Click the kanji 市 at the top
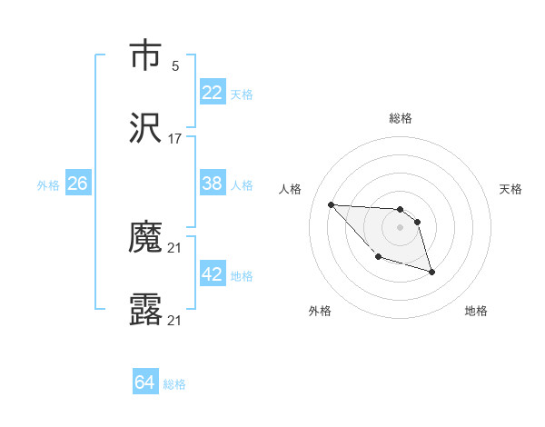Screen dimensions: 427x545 point(145,56)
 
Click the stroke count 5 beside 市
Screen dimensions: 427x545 point(175,66)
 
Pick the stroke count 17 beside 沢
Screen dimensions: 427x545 point(175,139)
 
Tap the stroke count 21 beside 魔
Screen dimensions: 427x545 point(175,248)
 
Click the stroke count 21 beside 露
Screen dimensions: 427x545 point(175,320)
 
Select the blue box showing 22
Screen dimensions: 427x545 point(213,93)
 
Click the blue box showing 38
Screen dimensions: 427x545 point(213,184)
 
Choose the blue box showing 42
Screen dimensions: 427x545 point(213,274)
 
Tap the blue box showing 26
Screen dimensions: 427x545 point(77,184)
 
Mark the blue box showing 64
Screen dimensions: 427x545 point(145,382)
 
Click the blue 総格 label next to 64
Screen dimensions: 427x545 point(174,384)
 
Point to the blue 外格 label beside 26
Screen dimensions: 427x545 point(48,184)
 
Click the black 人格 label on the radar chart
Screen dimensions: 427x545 point(291,189)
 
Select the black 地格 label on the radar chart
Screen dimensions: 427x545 point(476,311)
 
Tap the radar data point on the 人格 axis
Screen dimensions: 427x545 point(331,204)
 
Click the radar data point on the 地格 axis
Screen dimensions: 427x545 point(431,272)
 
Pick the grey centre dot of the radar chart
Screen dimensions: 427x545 point(400,227)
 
